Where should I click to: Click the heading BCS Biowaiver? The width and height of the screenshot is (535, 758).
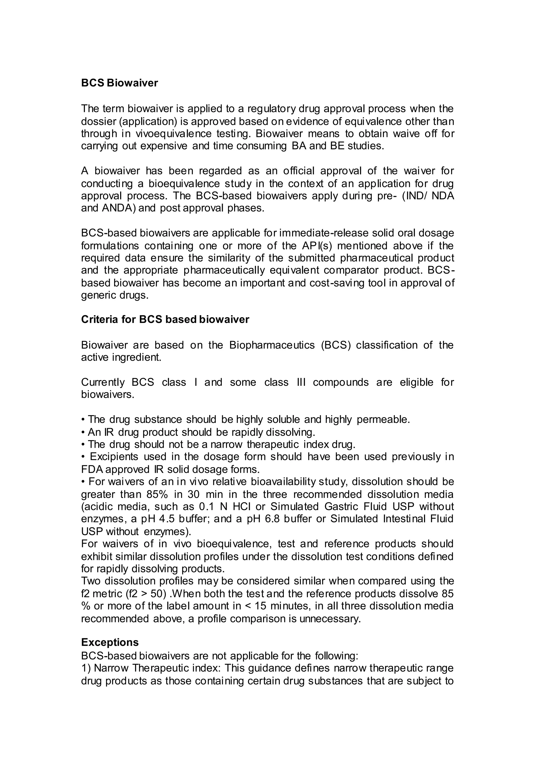click(119, 83)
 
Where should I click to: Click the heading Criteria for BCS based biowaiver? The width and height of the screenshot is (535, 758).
click(165, 320)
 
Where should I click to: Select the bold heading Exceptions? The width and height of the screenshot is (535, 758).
click(110, 642)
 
